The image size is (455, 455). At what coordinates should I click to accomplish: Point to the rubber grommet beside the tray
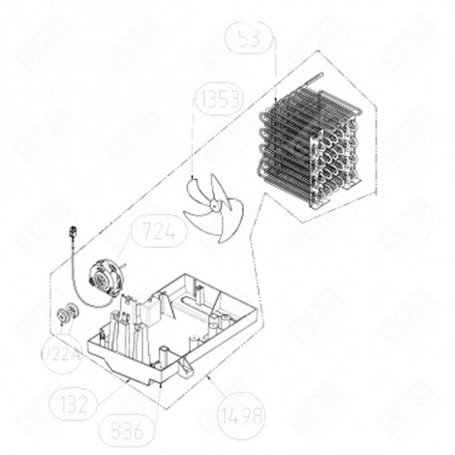(69, 313)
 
